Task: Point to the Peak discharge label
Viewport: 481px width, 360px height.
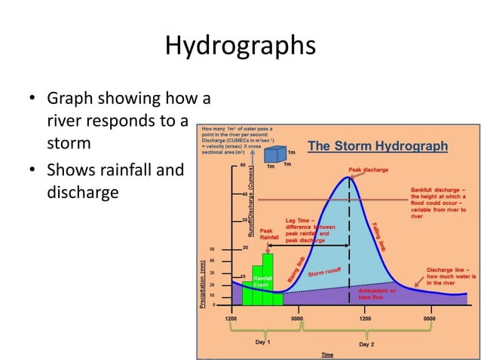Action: [368, 170]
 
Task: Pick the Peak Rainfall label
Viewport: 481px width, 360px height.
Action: [269, 233]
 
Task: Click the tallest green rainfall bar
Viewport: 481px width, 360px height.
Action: [268, 279]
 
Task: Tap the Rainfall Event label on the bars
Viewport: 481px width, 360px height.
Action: [262, 282]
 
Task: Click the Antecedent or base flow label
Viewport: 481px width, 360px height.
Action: [377, 294]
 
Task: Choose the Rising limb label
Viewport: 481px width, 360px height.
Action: [296, 270]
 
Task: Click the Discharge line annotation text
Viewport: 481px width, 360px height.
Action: [449, 276]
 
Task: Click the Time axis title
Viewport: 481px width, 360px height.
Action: [327, 354]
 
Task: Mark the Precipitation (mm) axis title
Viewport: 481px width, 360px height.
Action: [202, 285]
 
